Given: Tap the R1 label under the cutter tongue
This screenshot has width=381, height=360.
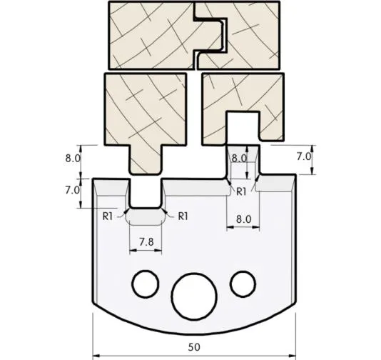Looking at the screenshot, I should pyautogui.click(x=241, y=191).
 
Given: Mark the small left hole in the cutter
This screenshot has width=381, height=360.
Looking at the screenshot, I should pyautogui.click(x=146, y=283).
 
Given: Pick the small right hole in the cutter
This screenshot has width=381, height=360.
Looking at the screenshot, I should pyautogui.click(x=242, y=283).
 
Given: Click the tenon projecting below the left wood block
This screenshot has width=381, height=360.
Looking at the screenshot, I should pyautogui.click(x=145, y=159).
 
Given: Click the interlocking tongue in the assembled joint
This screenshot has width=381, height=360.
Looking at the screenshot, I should pyautogui.click(x=213, y=36).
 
